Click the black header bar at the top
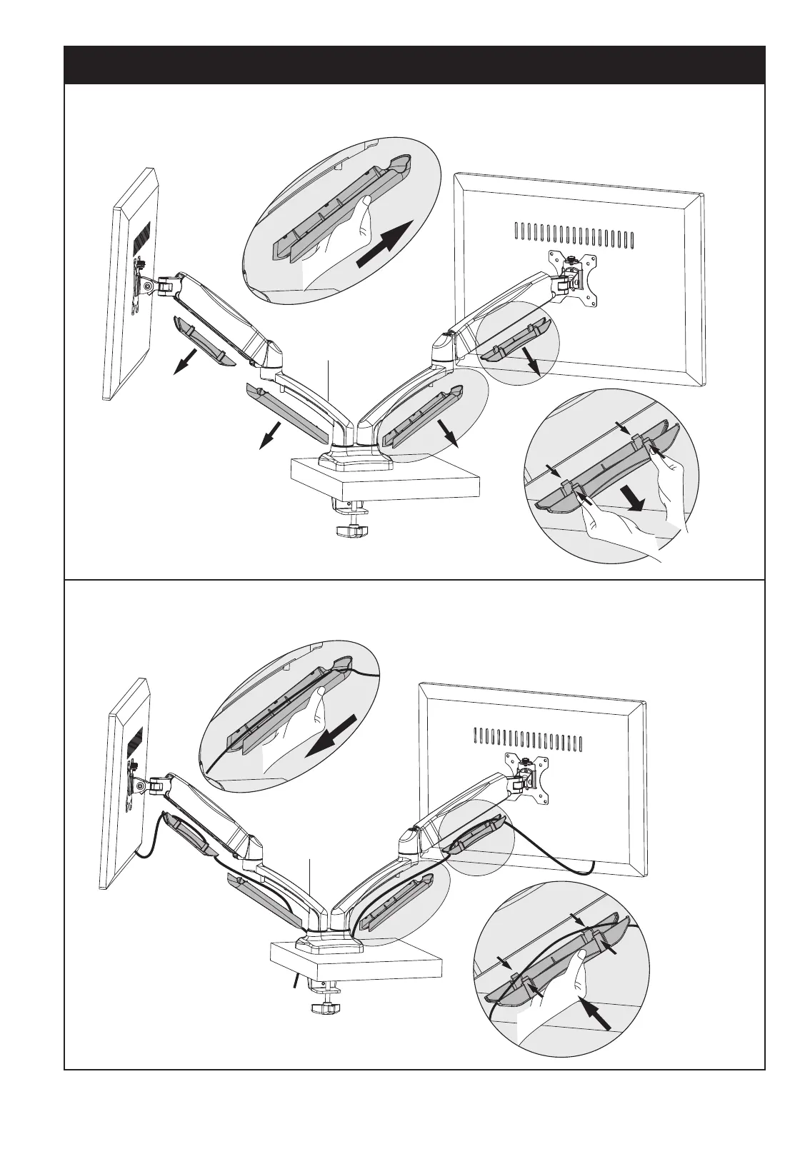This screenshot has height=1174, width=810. [x=414, y=65]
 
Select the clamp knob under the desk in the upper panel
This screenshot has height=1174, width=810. [x=350, y=532]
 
